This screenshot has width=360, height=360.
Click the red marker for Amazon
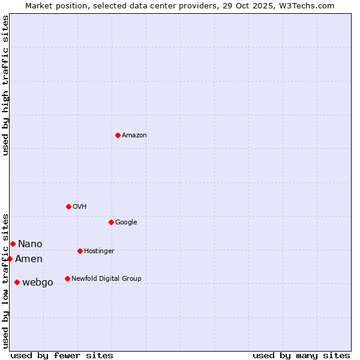[x=118, y=135]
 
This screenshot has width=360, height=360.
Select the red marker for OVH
[x=68, y=206]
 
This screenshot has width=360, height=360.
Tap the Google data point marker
[x=111, y=222]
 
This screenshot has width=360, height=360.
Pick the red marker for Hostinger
[x=80, y=251]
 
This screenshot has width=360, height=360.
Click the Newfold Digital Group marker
[x=67, y=278]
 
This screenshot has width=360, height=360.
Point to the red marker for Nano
[x=13, y=244]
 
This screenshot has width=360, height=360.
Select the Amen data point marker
[x=10, y=259]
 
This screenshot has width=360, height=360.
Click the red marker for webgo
[x=17, y=282]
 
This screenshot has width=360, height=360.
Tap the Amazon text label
[x=134, y=136]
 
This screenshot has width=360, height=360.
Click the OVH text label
[x=80, y=207]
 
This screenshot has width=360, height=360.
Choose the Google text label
[x=126, y=223]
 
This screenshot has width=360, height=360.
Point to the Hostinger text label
[x=99, y=251]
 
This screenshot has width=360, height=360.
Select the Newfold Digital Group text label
[x=106, y=279]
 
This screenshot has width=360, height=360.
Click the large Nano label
[x=30, y=244]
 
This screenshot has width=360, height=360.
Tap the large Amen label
[x=29, y=259]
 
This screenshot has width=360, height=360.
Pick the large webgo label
[x=38, y=283]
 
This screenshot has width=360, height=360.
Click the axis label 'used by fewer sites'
[x=62, y=355]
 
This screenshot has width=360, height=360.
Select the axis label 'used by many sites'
[x=301, y=355]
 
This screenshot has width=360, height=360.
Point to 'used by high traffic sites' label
[x=5, y=85]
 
